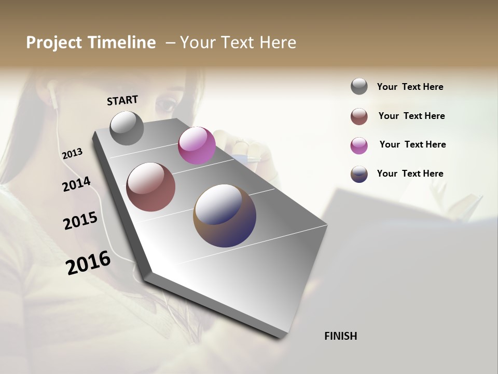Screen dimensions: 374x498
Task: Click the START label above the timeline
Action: pyautogui.click(x=122, y=100)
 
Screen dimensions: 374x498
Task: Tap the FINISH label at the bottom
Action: pyautogui.click(x=340, y=336)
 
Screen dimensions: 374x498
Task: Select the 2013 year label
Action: pyautogui.click(x=72, y=154)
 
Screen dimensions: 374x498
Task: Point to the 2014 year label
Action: pyautogui.click(x=76, y=184)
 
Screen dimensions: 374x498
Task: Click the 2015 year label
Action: pyautogui.click(x=80, y=220)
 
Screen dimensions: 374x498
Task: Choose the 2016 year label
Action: pyautogui.click(x=88, y=262)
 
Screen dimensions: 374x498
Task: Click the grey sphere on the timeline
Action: pyautogui.click(x=127, y=128)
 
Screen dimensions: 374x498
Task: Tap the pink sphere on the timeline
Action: pyautogui.click(x=197, y=145)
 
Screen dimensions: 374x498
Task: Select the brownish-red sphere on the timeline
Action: pyautogui.click(x=151, y=187)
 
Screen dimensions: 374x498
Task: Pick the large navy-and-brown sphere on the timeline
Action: pyautogui.click(x=225, y=215)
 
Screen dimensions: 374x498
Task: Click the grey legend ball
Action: pyautogui.click(x=359, y=87)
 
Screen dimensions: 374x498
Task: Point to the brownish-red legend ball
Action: pyautogui.click(x=359, y=116)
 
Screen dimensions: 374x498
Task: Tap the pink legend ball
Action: pyautogui.click(x=359, y=145)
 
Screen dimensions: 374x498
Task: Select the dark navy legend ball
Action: pyautogui.click(x=359, y=174)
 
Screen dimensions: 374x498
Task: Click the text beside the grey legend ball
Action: pyautogui.click(x=410, y=87)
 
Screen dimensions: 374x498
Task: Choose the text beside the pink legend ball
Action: pyautogui.click(x=412, y=144)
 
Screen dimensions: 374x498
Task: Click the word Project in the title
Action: pyautogui.click(x=54, y=43)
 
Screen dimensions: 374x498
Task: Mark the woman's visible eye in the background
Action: pyautogui.click(x=165, y=104)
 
